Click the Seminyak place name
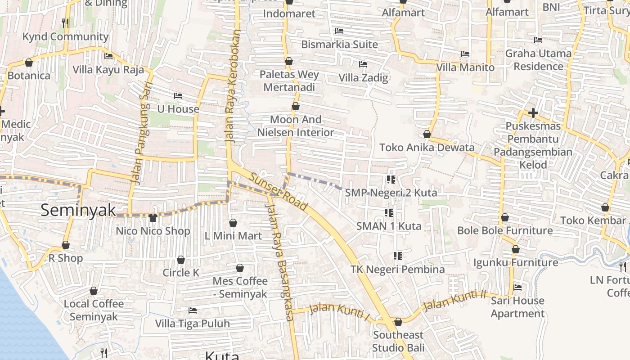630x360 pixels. point(78,210)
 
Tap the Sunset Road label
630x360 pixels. point(279,192)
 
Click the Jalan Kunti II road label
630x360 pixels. point(455,300)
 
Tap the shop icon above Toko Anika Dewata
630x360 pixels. point(427,134)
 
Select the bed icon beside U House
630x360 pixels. point(178,96)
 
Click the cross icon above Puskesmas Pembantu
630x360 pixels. point(533,112)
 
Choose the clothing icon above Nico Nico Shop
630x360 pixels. point(153,218)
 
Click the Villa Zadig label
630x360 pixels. point(363,78)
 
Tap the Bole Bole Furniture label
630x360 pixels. point(505,230)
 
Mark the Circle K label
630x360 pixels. point(181,273)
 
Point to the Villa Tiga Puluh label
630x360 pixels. point(192,324)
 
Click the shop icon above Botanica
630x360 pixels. point(29,63)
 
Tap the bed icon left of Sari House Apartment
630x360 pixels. point(517,287)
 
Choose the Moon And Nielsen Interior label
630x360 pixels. point(296,126)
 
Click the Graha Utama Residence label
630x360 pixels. point(538,60)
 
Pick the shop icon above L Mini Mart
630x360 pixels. point(233,223)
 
